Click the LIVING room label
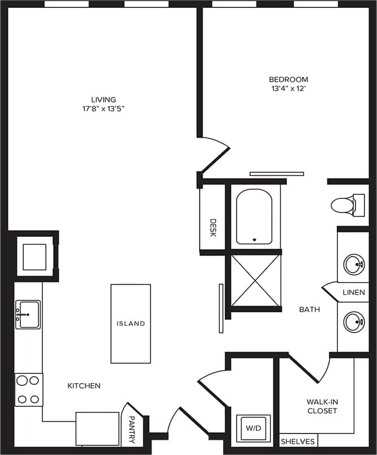coord(104,99)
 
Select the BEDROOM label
coord(289,79)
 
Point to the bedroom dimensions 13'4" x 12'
coord(289,89)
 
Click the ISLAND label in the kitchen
coord(131,324)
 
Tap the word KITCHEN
coord(84,386)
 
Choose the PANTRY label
coord(131,426)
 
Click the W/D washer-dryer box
coord(253,429)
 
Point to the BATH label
coord(310,309)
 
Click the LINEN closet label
coord(354,292)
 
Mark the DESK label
coord(213,228)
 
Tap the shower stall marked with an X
coord(255,280)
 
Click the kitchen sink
coord(28,313)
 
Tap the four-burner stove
coord(29,389)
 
